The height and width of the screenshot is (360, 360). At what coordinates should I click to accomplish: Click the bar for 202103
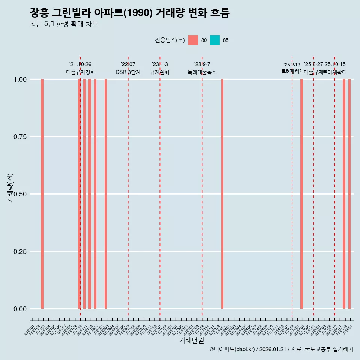click(x=42, y=194)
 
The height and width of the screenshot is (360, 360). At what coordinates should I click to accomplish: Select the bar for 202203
click(x=106, y=194)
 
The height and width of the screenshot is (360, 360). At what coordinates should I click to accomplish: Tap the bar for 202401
click(x=222, y=194)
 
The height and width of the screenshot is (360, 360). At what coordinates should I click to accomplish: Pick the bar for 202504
click(x=301, y=194)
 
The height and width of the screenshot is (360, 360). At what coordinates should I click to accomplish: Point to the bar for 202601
click(x=349, y=194)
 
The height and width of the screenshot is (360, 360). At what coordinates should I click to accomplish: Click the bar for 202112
click(x=90, y=194)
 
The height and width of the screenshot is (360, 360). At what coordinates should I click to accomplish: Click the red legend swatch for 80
click(x=193, y=40)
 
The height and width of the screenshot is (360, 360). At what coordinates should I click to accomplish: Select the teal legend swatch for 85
click(x=215, y=40)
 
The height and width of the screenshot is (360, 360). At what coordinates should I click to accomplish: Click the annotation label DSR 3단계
click(x=128, y=72)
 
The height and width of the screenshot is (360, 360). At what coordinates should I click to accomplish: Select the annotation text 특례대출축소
click(x=202, y=72)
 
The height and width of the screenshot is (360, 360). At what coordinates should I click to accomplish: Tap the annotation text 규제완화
click(x=160, y=72)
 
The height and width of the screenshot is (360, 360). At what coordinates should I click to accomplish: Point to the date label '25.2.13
click(x=292, y=64)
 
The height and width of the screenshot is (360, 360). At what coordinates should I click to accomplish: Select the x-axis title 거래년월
click(x=191, y=340)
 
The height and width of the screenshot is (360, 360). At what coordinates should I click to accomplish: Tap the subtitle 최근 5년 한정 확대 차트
click(x=64, y=24)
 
